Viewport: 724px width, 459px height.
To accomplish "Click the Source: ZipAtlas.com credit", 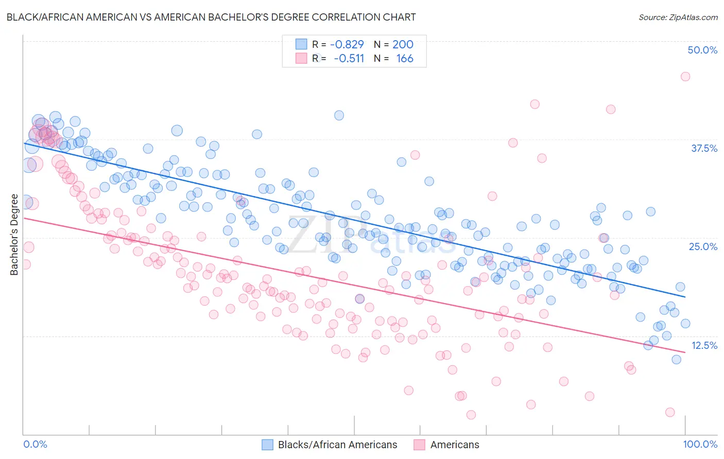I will click(x=678, y=17).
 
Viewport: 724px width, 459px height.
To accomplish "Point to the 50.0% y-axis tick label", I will click(x=702, y=50).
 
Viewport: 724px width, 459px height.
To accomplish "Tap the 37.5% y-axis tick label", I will click(x=704, y=148).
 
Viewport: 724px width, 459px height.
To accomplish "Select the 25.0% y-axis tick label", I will click(x=703, y=246).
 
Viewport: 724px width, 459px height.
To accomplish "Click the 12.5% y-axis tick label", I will click(x=704, y=345).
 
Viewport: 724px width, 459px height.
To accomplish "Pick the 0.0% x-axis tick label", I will click(x=36, y=444).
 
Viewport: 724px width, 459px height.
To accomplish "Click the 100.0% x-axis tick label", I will click(x=700, y=444).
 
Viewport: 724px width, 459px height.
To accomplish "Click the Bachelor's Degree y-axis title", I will click(x=14, y=235).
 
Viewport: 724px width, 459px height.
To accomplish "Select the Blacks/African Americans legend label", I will click(x=337, y=445).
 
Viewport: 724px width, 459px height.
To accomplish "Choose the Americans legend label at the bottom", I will click(x=455, y=445).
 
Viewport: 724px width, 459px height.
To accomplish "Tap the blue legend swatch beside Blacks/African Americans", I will click(x=267, y=445).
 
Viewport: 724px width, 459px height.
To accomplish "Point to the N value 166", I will click(x=405, y=59).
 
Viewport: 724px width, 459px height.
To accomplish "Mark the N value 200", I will click(x=403, y=44).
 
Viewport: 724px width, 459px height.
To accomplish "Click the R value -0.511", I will click(x=349, y=59).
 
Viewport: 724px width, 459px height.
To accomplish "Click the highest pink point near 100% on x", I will click(x=685, y=77).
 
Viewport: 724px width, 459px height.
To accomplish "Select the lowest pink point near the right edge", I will click(x=670, y=412).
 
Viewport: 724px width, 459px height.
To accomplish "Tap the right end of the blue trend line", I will click(x=685, y=297).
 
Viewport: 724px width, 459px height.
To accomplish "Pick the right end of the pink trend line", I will click(x=685, y=352).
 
